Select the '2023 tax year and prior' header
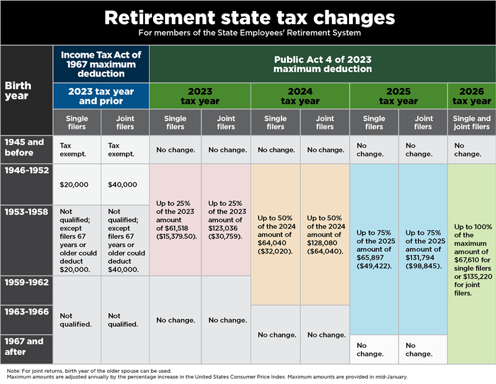tap(101, 96)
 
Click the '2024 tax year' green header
tap(300, 96)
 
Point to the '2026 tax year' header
tap(471, 96)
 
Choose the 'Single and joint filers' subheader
tap(471, 123)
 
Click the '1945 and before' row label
tap(25, 146)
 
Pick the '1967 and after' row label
tap(25, 346)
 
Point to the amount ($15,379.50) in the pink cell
tap(175, 236)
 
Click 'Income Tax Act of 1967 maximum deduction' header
tap(101, 64)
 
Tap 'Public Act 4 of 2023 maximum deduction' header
tap(322, 64)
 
